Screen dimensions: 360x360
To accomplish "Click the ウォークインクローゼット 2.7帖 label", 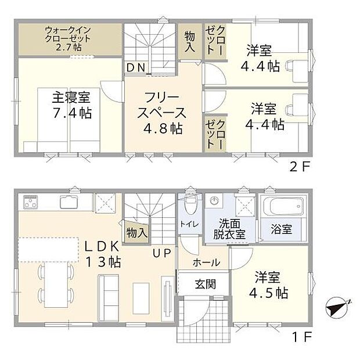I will click(x=69, y=38).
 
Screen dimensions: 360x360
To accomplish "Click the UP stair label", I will click(x=161, y=253).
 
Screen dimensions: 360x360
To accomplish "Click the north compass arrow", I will click(x=337, y=308).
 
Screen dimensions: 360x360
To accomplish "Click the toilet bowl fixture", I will click(x=189, y=207).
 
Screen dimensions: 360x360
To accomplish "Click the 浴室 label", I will click(x=282, y=229).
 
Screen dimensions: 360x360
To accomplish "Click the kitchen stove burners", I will click(x=31, y=204).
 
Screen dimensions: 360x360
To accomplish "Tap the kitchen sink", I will click(x=69, y=203).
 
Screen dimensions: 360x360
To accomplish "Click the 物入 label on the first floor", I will click(x=136, y=233).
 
